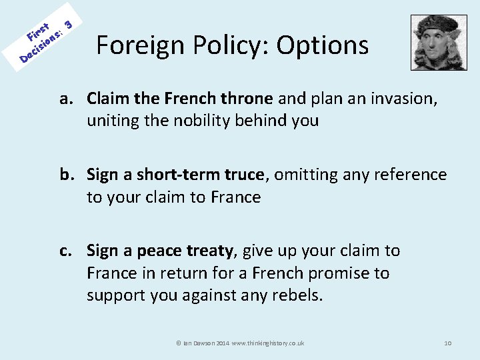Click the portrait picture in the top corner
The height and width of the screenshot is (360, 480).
coord(438,43)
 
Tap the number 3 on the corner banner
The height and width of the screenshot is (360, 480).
coord(67,25)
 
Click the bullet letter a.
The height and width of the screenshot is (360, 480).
coord(65,99)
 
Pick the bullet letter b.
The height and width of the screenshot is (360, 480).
coord(66,175)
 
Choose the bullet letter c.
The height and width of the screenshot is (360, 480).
coord(65,251)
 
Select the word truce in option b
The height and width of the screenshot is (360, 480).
coord(241,175)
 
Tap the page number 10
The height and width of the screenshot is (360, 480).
coord(448,343)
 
